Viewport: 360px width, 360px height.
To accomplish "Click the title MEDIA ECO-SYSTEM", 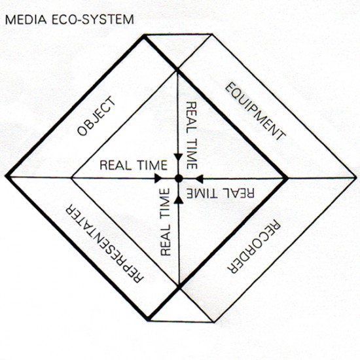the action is tap(69, 19).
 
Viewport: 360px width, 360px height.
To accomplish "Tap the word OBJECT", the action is tap(96, 116).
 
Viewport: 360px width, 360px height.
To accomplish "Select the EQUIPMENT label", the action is tap(255, 111).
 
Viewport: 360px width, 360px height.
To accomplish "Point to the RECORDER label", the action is tap(254, 247).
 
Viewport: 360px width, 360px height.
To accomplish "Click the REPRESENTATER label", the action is tap(105, 243).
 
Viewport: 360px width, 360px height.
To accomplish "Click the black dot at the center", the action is tap(179, 178).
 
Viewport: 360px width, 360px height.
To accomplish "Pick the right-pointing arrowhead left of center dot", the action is tap(158, 178).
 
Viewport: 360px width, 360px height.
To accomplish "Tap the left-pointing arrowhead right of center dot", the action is tap(199, 179).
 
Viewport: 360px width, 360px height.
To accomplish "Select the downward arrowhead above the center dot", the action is tap(179, 158).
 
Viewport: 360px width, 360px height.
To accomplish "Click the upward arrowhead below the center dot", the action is tap(179, 200).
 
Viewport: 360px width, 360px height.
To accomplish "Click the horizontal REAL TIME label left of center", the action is tap(134, 166).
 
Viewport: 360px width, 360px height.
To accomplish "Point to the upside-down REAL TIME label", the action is tap(221, 193).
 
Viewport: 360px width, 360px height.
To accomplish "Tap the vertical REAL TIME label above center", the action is tap(192, 135).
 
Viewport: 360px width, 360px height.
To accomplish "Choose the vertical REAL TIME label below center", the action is tap(166, 222).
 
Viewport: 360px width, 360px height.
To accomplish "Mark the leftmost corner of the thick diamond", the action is tap(6, 177).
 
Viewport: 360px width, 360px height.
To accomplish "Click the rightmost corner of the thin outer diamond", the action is tap(357, 177).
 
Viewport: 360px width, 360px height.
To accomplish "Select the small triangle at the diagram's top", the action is tap(178, 49).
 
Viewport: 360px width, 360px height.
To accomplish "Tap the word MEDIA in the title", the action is tap(26, 20).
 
